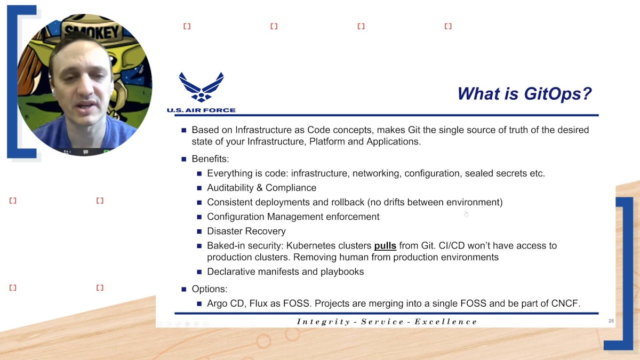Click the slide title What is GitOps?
[x=524, y=94]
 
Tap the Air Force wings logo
[x=201, y=87]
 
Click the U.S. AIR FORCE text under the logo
[x=201, y=110]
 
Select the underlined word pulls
[x=385, y=246]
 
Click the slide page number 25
[x=611, y=321]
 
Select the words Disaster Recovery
[x=246, y=231]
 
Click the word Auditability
[x=231, y=188]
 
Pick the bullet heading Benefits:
[x=210, y=159]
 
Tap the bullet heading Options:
[x=209, y=289]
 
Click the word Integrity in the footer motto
[x=319, y=322]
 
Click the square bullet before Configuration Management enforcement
[x=199, y=217]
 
